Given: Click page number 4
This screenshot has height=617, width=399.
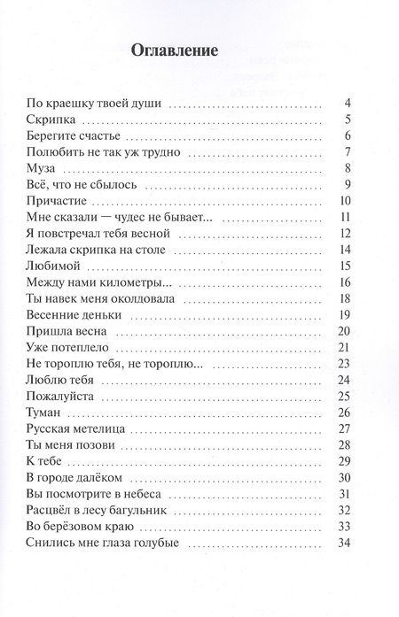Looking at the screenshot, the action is [350, 103].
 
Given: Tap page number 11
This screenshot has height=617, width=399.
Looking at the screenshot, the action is [348, 218].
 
